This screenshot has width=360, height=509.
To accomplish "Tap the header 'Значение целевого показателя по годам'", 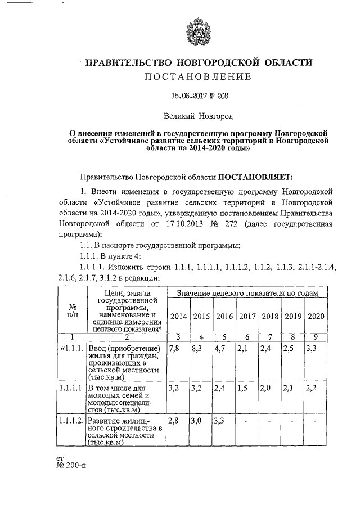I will (x=247, y=293).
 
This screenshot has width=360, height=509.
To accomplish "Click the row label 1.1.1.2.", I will (x=71, y=421).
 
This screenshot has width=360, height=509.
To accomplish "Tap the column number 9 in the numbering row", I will (x=316, y=337).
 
